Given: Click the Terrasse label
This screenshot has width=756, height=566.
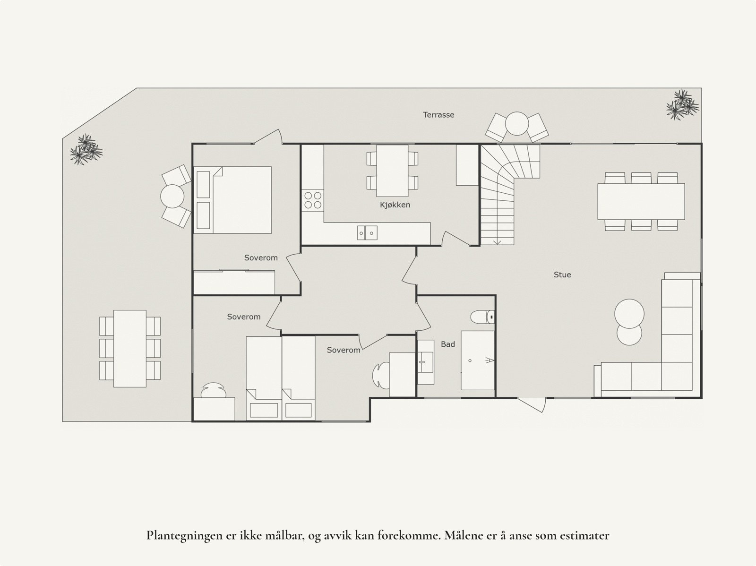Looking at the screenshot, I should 438,115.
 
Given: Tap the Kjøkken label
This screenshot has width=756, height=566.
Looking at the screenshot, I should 395,205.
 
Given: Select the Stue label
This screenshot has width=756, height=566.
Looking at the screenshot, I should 562,274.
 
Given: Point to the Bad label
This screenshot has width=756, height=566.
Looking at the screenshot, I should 447,344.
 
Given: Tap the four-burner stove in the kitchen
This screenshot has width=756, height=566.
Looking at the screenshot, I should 313,200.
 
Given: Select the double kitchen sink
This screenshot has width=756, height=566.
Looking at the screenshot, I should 367,232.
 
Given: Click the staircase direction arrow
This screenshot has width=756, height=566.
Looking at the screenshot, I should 497,241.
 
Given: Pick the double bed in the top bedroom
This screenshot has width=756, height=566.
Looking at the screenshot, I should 233,199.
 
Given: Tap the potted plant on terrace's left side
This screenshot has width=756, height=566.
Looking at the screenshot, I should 86,149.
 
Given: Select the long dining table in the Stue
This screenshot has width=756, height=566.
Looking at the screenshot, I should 641,201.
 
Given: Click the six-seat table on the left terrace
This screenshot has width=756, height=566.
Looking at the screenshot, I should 130,348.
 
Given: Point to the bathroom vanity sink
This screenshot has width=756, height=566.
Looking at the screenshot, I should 426,362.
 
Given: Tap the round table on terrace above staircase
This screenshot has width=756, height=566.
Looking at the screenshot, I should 517,124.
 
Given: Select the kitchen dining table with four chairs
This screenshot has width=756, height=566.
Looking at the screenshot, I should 392,171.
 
